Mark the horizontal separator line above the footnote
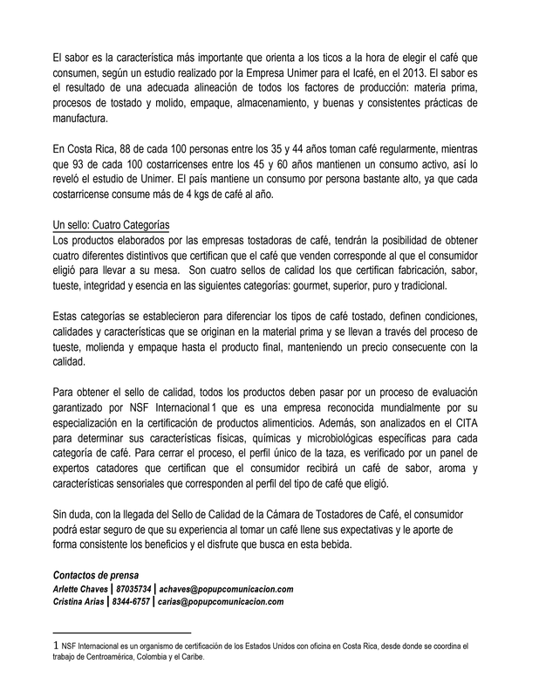tap(121, 631)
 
